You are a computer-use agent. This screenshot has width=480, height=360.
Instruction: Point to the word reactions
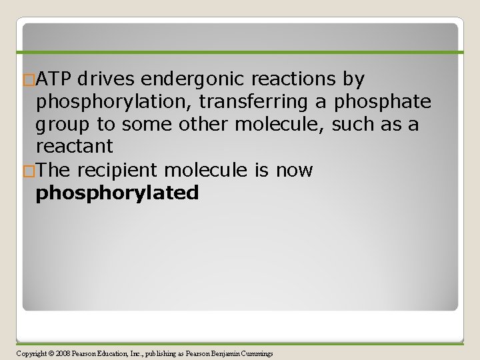click(294, 79)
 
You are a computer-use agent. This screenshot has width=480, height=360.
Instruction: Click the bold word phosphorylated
click(117, 193)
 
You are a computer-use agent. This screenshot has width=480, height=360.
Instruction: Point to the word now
click(293, 171)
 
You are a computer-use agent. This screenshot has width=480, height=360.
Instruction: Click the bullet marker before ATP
click(28, 80)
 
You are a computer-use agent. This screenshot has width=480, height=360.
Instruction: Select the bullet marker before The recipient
click(28, 171)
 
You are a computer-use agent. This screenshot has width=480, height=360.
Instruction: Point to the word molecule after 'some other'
click(295, 125)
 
